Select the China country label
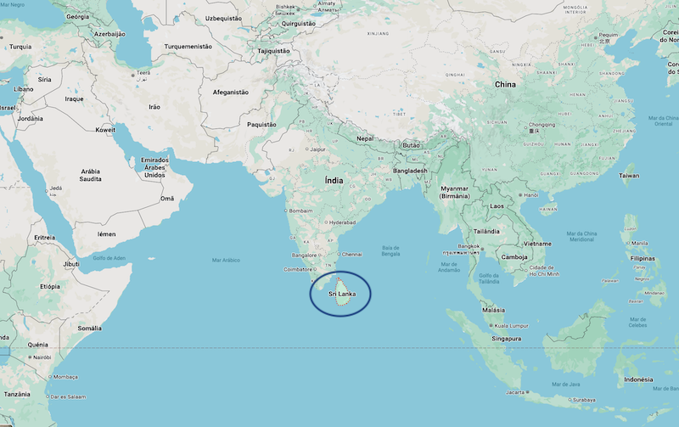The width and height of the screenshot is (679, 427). [x=505, y=85]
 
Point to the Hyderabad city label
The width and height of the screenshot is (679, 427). [x=342, y=222]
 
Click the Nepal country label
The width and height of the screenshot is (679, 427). [x=365, y=138]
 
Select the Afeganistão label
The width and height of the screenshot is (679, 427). [x=230, y=92]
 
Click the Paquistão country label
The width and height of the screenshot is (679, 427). [x=261, y=124]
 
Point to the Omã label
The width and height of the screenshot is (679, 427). [x=167, y=199]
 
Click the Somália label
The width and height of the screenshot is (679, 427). [x=89, y=328]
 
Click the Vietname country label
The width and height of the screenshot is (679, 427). [x=536, y=243]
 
